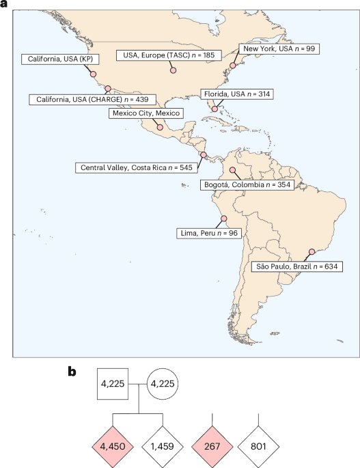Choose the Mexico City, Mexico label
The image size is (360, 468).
[146, 113]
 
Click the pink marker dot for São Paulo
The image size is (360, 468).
[311, 251]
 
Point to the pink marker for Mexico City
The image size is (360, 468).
[159, 126]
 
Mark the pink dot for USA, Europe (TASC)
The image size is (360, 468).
[173, 70]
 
